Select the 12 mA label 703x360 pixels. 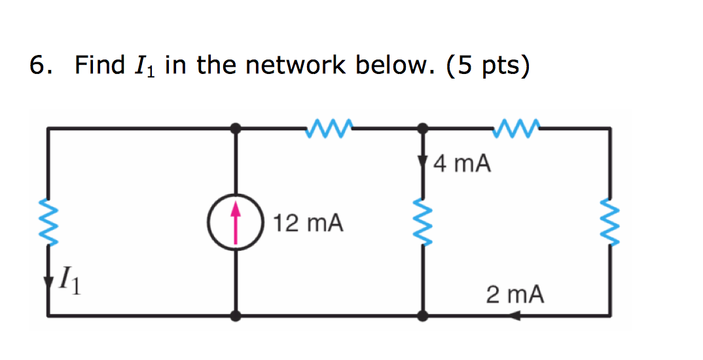click(308, 223)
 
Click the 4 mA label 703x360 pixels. click(462, 163)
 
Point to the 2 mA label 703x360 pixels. click(514, 295)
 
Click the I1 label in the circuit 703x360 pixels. click(72, 283)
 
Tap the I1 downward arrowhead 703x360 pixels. click(48, 283)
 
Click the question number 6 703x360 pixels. click(41, 65)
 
